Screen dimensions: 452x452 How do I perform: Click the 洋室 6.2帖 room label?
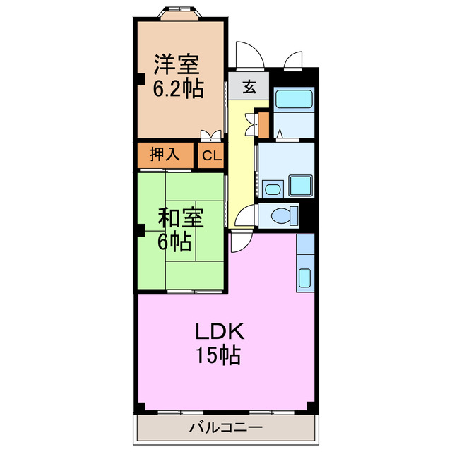point(179,76)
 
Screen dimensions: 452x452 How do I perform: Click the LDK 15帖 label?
point(219,343)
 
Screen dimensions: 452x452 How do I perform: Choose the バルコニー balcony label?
point(225,427)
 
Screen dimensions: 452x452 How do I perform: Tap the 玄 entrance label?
point(249,88)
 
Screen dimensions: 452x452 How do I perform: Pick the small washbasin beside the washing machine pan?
point(271,189)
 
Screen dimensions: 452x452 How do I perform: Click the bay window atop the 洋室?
point(181,12)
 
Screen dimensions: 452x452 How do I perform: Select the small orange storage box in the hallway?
point(263,124)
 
